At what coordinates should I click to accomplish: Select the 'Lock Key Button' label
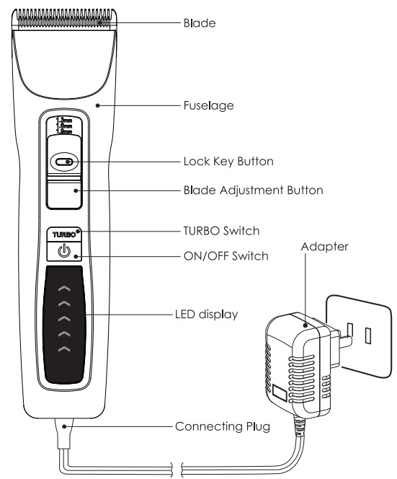coord(229,162)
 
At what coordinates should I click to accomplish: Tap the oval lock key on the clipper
coord(64,162)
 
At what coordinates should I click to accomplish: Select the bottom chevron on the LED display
coord(64,349)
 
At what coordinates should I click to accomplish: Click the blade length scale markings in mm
coord(64,127)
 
